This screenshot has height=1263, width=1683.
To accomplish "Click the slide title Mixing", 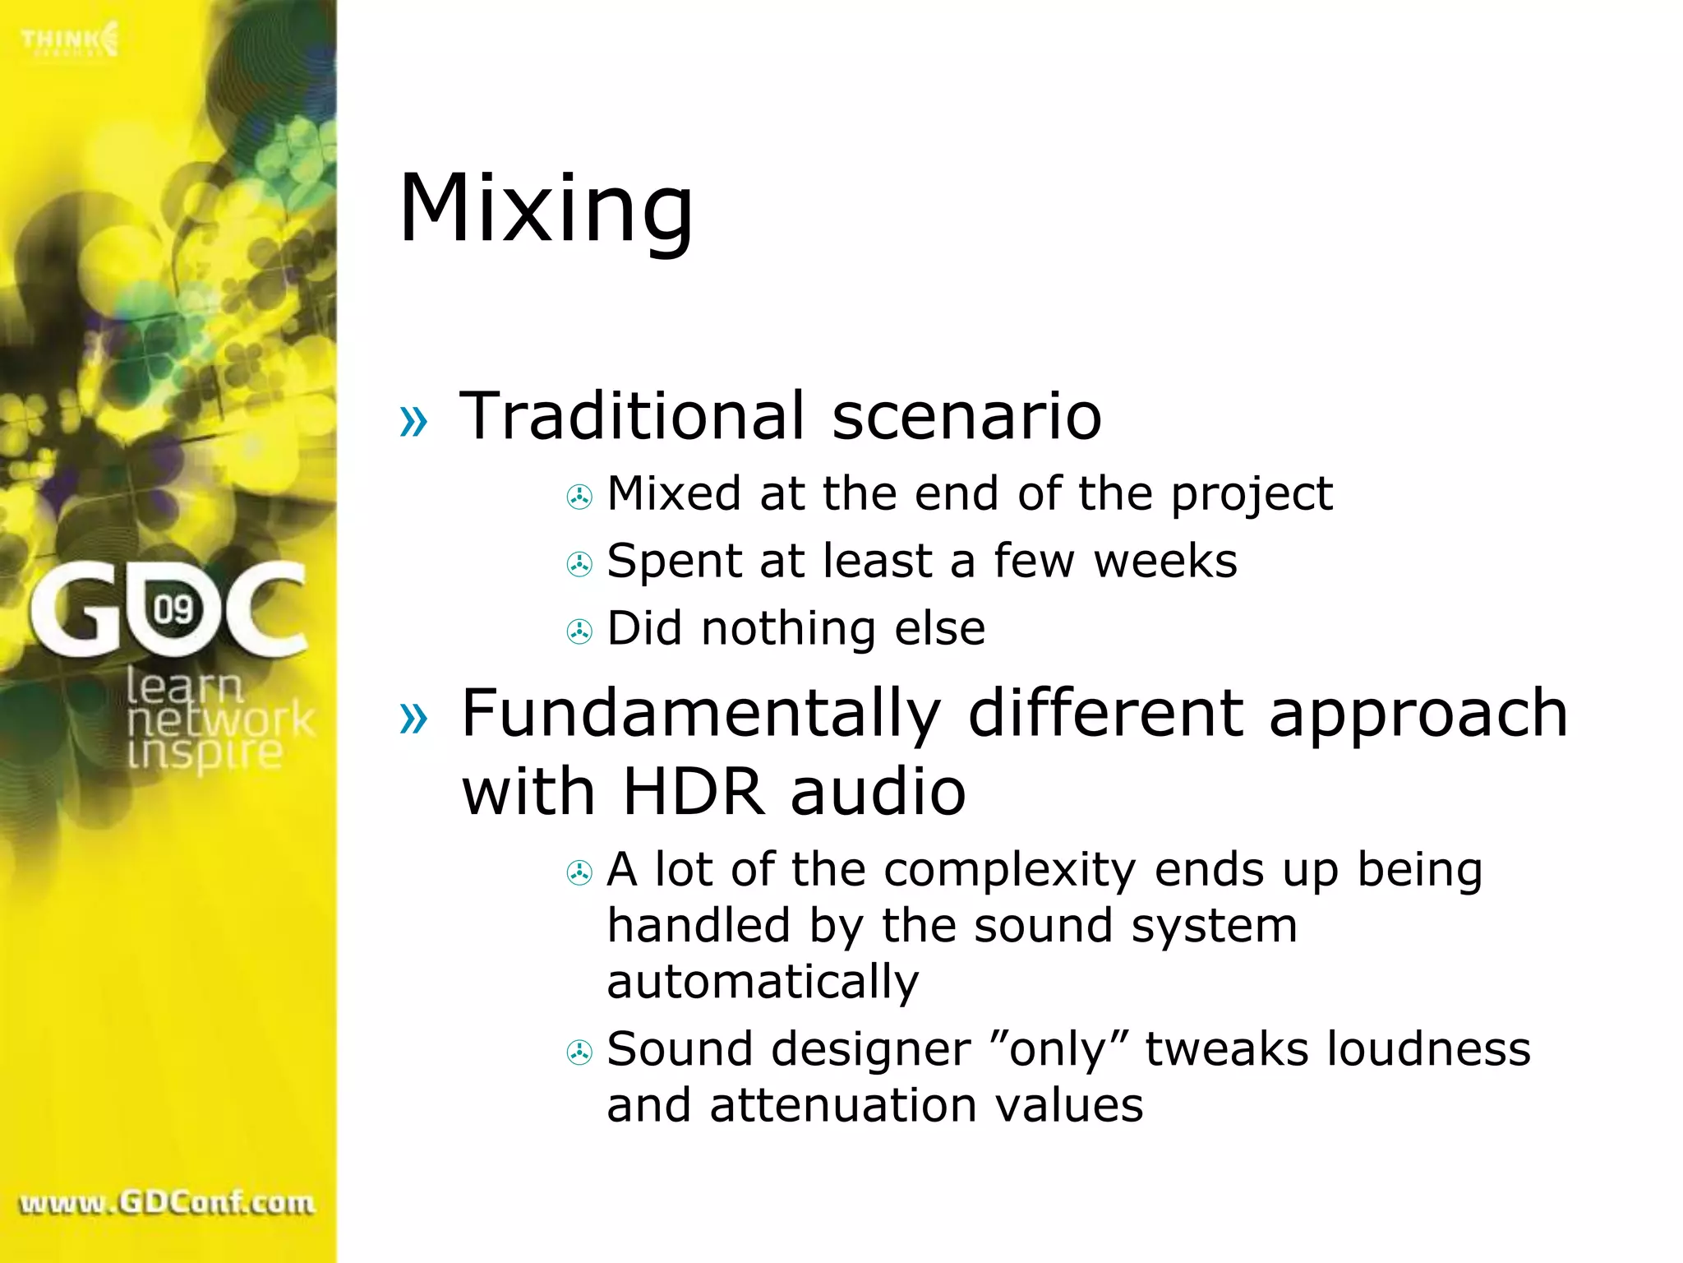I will (546, 210).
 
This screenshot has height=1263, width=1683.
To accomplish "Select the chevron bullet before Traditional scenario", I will (413, 421).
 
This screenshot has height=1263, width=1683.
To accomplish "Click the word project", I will (1252, 495).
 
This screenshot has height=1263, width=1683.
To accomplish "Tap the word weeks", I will (1165, 562).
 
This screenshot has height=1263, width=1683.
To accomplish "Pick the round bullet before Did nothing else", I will (579, 631).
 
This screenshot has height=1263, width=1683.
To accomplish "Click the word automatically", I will (763, 981).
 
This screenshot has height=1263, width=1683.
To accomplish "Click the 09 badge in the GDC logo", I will (173, 609).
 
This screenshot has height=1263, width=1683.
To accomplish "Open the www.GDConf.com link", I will (167, 1203).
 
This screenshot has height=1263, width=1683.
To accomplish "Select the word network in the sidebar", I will (220, 719).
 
